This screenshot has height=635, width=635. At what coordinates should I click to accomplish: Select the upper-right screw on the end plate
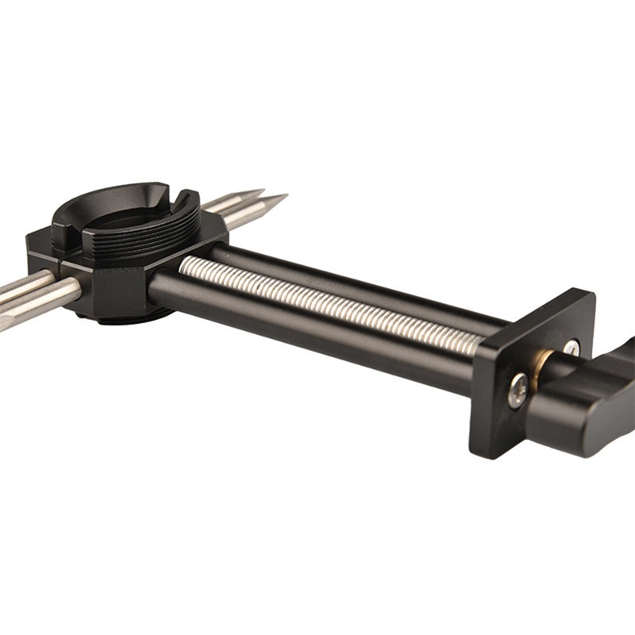571,348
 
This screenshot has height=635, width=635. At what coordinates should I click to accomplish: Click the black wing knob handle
587,405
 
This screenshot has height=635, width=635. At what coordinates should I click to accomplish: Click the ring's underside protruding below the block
119,316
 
